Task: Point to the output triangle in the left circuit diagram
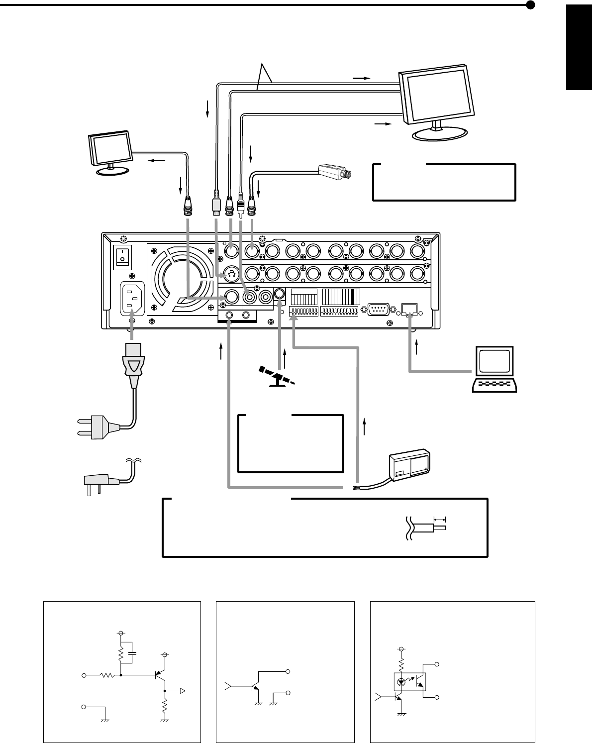[x=183, y=691]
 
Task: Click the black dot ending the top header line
[x=530, y=5]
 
